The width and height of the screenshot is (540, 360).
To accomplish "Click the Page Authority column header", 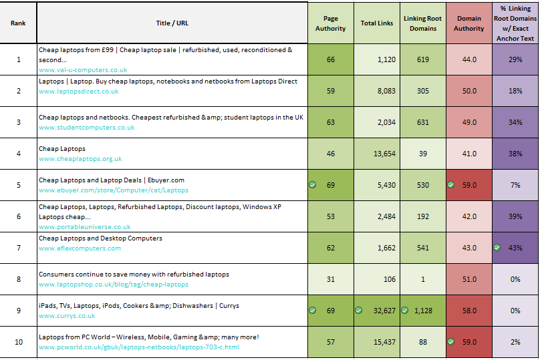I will point(330,23).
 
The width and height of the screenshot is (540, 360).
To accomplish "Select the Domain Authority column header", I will point(468,23).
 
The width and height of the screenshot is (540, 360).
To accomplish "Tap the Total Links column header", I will point(377,23).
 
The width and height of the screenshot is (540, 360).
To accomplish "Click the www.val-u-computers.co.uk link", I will point(83,69).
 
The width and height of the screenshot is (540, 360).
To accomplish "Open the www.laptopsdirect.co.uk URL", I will point(79,92).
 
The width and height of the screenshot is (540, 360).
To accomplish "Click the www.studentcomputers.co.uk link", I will point(86,128).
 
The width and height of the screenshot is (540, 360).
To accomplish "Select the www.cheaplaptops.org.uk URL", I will point(80,159).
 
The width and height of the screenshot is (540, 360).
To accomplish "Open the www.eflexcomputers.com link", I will point(80,248).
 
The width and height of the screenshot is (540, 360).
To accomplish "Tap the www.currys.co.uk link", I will point(67,316).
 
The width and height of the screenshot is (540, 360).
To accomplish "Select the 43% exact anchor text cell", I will point(515,248).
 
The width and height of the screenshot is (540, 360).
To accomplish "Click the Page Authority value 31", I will point(331,279).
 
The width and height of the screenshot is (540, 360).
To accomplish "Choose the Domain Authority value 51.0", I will point(469,279).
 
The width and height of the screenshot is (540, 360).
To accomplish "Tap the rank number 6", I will point(19,216).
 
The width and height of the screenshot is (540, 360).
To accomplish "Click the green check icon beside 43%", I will point(497,248).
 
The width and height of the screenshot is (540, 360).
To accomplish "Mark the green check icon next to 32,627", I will point(359,311).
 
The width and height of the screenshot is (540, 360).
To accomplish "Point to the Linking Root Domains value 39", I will point(422,154).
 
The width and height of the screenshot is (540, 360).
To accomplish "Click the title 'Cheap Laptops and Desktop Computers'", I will point(100,238).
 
